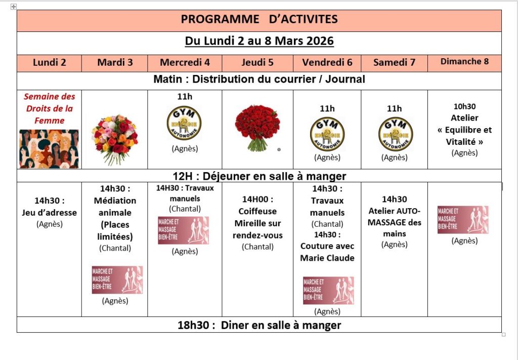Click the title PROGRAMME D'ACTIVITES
(x=259, y=20)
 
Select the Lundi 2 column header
(x=50, y=63)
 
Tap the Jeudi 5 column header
(x=257, y=63)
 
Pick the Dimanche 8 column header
(x=464, y=62)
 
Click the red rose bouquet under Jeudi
(x=257, y=128)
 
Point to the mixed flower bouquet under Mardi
(x=115, y=139)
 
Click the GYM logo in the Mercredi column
(x=184, y=123)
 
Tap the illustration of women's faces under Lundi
(x=49, y=149)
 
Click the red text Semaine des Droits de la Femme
(x=49, y=108)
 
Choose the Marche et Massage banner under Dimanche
(x=463, y=220)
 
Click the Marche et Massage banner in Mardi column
(x=117, y=280)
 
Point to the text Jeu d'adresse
(x=50, y=212)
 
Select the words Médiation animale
(x=115, y=207)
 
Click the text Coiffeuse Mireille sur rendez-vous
(x=257, y=223)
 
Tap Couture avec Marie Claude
(x=327, y=252)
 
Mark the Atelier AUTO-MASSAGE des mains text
(x=395, y=222)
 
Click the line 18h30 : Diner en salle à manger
(x=259, y=325)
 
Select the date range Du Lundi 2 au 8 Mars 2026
(x=259, y=41)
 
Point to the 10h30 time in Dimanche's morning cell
(x=464, y=106)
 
